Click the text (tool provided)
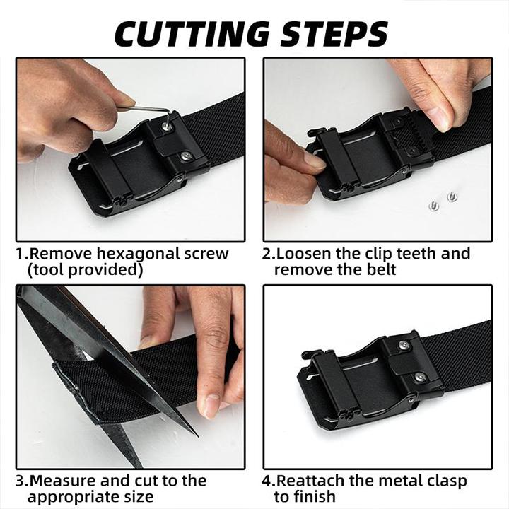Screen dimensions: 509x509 coord(85,269)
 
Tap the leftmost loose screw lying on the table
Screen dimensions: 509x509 coord(434,206)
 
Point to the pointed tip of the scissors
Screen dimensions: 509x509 coord(195,433)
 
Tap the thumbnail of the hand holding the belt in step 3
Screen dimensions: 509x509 coord(210,406)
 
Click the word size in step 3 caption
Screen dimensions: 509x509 coord(141,496)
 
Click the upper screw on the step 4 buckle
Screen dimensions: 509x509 coord(403,346)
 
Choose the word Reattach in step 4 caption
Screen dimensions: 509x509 coord(308,481)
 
